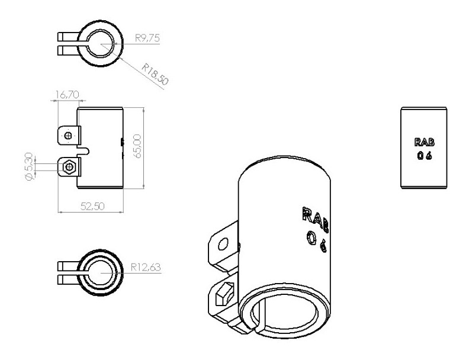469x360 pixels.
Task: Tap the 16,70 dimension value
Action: pyautogui.click(x=67, y=94)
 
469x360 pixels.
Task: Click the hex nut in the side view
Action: pyautogui.click(x=70, y=167)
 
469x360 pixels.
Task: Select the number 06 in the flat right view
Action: pyautogui.click(x=424, y=156)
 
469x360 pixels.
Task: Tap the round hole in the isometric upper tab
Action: pyautogui.click(x=223, y=245)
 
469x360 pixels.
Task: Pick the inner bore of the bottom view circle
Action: pyautogui.click(x=101, y=272)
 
